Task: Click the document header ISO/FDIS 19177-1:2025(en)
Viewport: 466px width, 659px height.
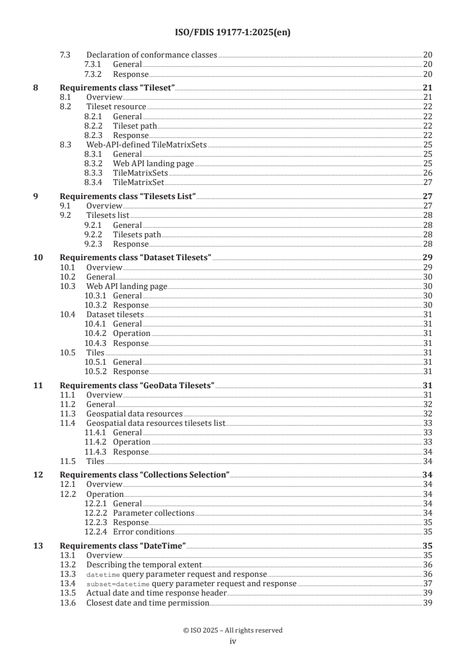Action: [x=233, y=33]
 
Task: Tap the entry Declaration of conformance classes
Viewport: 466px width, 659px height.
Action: [x=152, y=55]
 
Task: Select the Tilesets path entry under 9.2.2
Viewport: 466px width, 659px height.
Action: [x=137, y=234]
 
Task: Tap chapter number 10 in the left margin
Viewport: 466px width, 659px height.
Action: [x=37, y=258]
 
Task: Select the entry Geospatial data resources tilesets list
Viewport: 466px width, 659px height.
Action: [x=156, y=423]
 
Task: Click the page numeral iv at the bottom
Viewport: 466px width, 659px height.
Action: [x=233, y=641]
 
